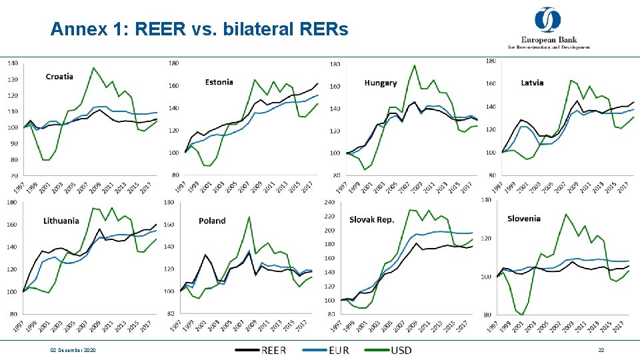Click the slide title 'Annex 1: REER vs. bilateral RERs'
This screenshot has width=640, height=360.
(x=199, y=30)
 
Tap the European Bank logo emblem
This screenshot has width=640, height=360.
(x=548, y=19)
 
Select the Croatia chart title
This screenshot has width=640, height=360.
(x=59, y=77)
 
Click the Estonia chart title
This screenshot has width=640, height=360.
(x=219, y=82)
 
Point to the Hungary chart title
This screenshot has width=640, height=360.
(x=381, y=83)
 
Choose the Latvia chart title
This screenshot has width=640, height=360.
(x=532, y=83)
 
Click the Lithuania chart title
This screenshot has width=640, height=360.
(x=61, y=221)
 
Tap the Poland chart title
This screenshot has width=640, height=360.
(x=212, y=221)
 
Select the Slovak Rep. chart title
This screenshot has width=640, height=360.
(x=372, y=219)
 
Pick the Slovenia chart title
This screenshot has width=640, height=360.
(x=524, y=218)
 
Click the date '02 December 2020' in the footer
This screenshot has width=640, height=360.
(x=73, y=350)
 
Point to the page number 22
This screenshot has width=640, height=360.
(x=601, y=350)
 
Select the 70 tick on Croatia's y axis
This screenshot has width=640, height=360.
(x=13, y=175)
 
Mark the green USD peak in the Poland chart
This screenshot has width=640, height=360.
(x=249, y=217)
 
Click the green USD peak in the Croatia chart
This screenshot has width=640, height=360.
(x=93, y=68)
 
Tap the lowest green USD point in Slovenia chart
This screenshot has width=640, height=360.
(x=523, y=314)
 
